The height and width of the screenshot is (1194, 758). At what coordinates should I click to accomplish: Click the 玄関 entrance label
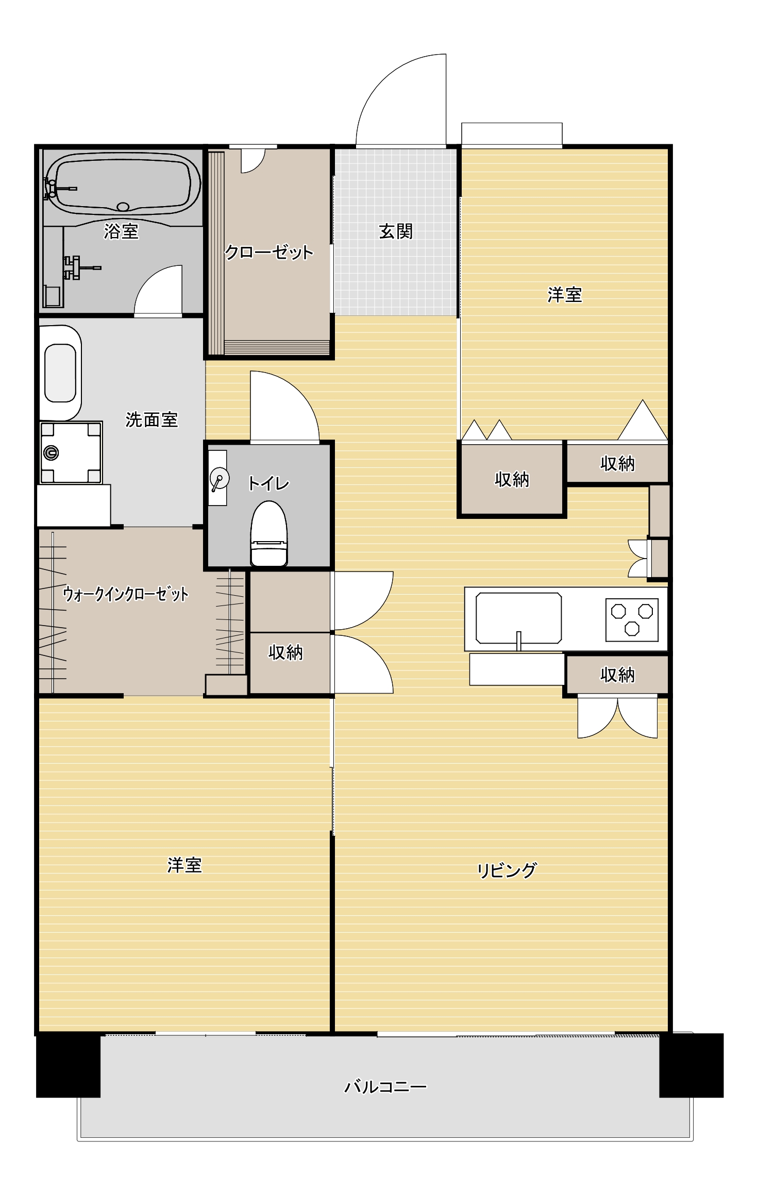[x=395, y=231]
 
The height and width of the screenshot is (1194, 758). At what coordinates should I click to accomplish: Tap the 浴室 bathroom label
[x=121, y=231]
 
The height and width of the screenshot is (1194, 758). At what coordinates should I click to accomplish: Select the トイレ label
[x=268, y=483]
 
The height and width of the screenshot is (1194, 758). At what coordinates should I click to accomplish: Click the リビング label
[x=507, y=870]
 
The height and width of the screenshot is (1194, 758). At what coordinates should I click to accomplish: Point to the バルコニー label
[x=385, y=1087]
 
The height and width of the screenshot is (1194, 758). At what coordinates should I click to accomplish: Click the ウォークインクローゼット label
[x=125, y=594]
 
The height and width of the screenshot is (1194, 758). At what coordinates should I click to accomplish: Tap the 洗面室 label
[x=151, y=419]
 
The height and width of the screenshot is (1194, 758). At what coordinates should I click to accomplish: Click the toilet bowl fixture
[x=268, y=533]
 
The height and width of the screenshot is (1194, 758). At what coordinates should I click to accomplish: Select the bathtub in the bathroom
[x=122, y=183]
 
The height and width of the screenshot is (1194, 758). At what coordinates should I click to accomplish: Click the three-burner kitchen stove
[x=632, y=619]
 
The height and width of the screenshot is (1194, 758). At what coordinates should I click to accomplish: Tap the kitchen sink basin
[x=518, y=617]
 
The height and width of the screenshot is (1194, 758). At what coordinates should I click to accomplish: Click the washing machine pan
[x=71, y=452]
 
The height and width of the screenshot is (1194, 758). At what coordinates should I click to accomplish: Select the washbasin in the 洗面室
[x=60, y=373]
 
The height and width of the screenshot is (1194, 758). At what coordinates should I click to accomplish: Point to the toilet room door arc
[x=289, y=405]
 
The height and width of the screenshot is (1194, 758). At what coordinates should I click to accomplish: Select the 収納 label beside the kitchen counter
[x=617, y=674]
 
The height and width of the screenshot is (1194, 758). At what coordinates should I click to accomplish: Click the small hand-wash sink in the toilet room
[x=218, y=478]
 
